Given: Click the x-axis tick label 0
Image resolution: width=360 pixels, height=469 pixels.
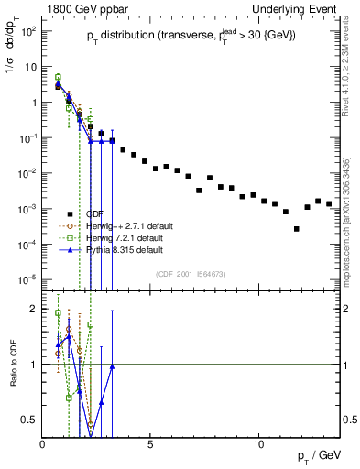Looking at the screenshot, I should click(43, 444).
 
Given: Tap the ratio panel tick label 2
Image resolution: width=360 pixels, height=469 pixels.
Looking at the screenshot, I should click(34, 309).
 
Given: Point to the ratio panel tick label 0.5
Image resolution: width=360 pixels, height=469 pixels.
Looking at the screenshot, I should click(29, 420).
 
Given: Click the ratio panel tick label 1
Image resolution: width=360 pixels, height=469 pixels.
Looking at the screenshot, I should click(34, 365).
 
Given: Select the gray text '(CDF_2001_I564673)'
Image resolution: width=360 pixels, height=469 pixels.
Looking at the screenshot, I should click(193, 274).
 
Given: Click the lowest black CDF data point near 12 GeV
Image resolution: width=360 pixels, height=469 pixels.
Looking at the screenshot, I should click(296, 229).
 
